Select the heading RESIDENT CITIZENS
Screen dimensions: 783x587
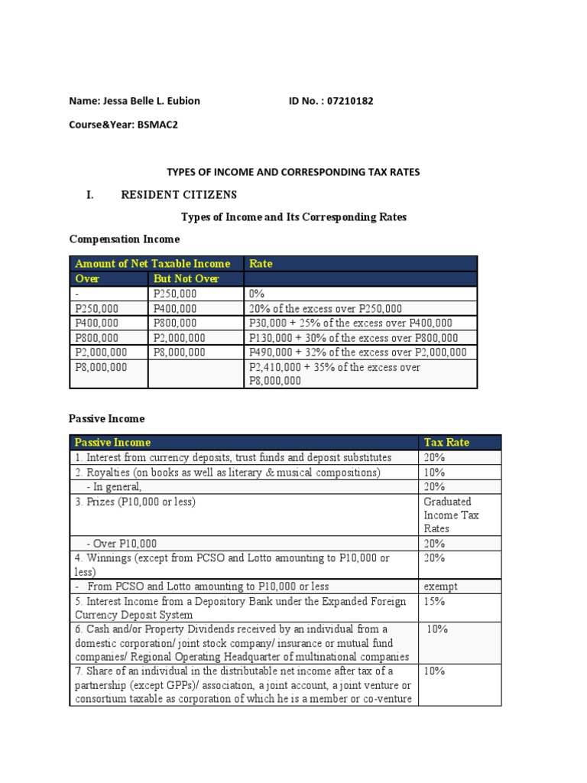coord(179,194)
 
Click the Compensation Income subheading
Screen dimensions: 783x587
coord(125,240)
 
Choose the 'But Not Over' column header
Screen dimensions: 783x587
coord(186,278)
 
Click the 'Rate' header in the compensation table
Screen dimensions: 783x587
coord(261,264)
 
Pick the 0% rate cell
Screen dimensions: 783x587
coord(257,294)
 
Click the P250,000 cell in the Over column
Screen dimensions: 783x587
coord(97,308)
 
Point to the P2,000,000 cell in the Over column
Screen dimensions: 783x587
coord(101,353)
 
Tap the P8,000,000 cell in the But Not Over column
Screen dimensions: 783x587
coord(179,353)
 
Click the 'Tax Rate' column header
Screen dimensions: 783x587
coord(447,442)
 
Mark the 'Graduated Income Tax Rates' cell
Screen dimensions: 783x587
coord(452,515)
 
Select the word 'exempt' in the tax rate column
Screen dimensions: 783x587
coord(440,586)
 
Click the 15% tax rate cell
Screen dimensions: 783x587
coord(434,602)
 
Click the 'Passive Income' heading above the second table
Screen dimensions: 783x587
coord(106,419)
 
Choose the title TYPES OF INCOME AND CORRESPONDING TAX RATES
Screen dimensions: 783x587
coord(293,172)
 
